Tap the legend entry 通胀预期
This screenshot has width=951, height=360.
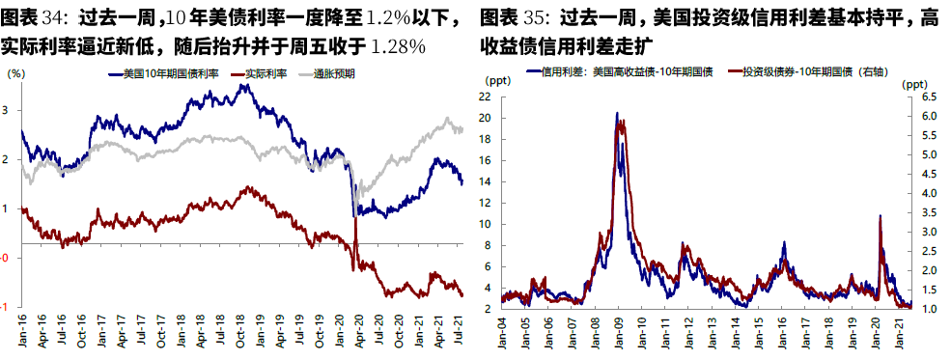click(x=334, y=73)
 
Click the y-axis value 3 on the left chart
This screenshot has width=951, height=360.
click(x=9, y=110)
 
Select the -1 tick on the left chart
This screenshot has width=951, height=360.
click(x=7, y=307)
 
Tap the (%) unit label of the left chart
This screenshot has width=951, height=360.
click(x=15, y=73)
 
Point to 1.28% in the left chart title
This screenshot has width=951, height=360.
click(x=398, y=45)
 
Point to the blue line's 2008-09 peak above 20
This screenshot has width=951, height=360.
click(x=617, y=114)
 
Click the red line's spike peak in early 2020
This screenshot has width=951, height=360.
click(x=880, y=216)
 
